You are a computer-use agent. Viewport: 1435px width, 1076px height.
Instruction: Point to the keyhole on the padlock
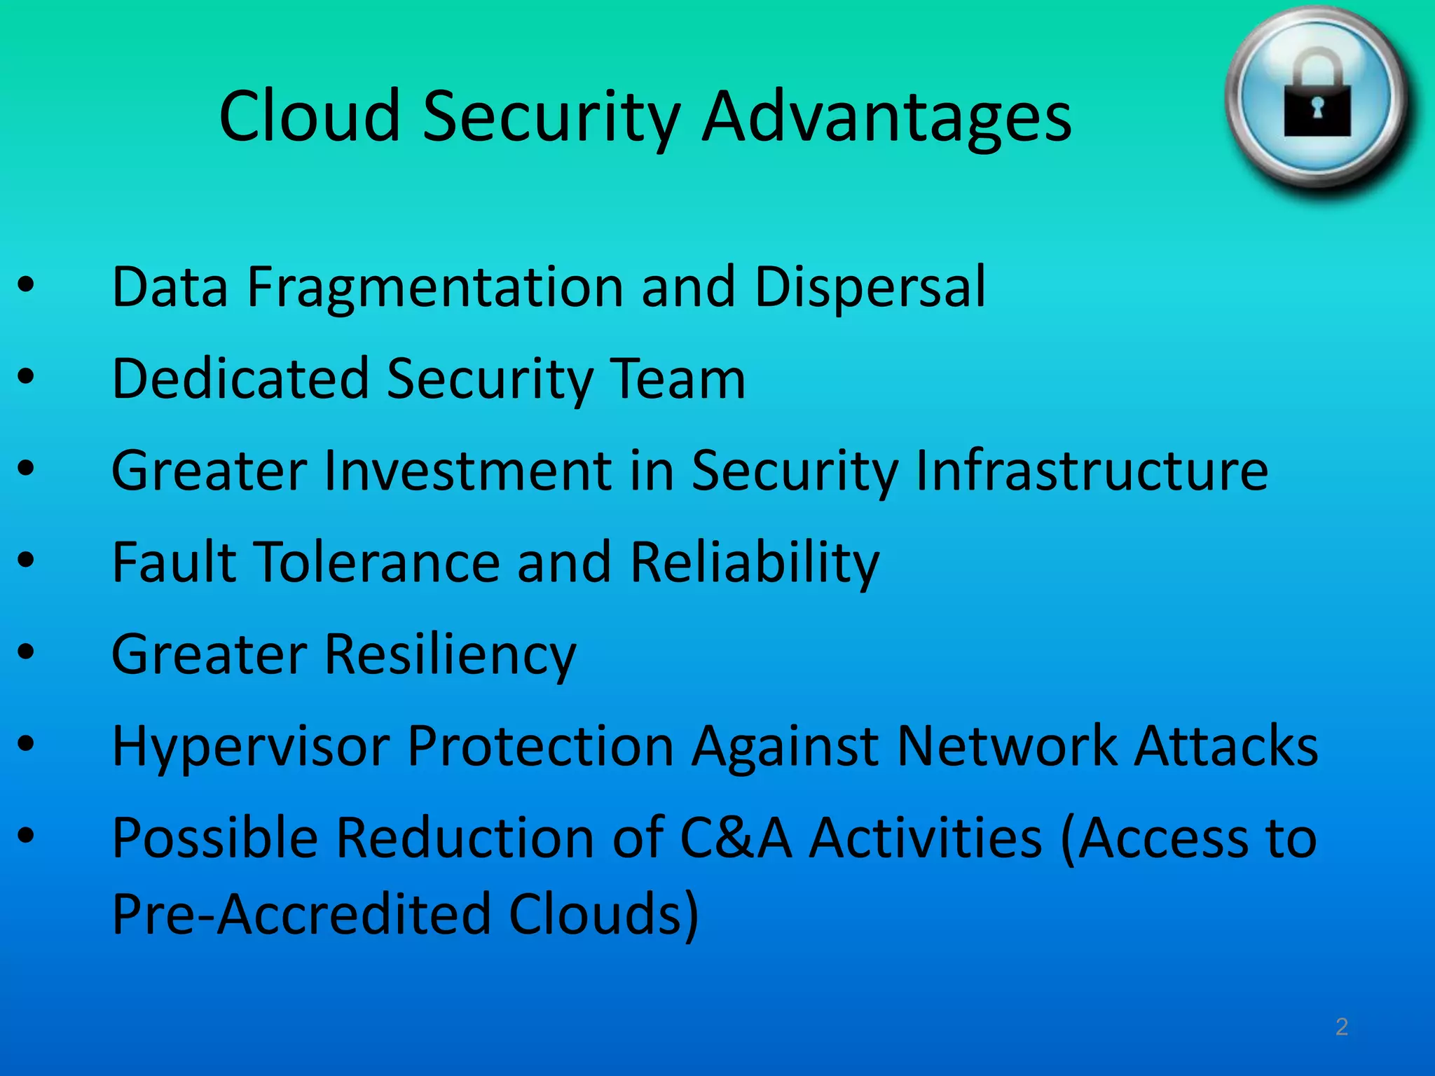click(x=1317, y=109)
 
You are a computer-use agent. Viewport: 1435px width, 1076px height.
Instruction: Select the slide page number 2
click(x=1341, y=1026)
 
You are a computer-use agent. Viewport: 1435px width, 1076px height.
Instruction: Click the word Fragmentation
click(x=435, y=288)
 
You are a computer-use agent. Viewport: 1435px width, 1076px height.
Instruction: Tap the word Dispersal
click(x=870, y=288)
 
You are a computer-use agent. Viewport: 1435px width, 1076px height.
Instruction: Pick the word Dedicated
click(x=240, y=379)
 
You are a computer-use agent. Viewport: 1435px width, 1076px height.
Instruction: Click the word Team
click(x=678, y=379)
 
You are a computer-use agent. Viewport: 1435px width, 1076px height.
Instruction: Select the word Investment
click(x=468, y=471)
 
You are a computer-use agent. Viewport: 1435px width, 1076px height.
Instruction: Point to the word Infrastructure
click(x=1092, y=471)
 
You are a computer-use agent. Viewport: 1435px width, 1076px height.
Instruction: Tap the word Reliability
click(x=755, y=563)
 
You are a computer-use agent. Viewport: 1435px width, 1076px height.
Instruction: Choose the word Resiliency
click(x=450, y=655)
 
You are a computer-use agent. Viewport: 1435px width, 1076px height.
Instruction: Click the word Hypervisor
click(x=251, y=747)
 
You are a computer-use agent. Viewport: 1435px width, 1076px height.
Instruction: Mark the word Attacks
click(x=1226, y=746)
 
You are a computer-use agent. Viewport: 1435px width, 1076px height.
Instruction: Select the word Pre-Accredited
click(x=301, y=914)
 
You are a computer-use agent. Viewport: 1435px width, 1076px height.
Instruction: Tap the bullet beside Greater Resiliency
click(x=26, y=652)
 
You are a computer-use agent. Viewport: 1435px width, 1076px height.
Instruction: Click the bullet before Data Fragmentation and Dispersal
click(x=26, y=285)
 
